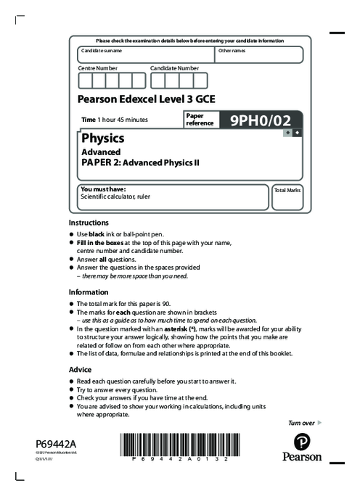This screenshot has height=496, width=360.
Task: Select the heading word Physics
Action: (102, 138)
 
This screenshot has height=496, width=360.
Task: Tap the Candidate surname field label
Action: (102, 51)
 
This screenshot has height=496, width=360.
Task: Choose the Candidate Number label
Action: (174, 67)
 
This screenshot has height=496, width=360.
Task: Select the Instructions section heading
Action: (89, 223)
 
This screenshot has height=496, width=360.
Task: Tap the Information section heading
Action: (89, 292)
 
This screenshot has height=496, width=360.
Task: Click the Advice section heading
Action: (80, 368)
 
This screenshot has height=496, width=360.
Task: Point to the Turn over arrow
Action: (319, 422)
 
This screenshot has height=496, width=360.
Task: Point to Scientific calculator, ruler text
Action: (115, 196)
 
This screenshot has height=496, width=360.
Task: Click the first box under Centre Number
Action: (86, 80)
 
